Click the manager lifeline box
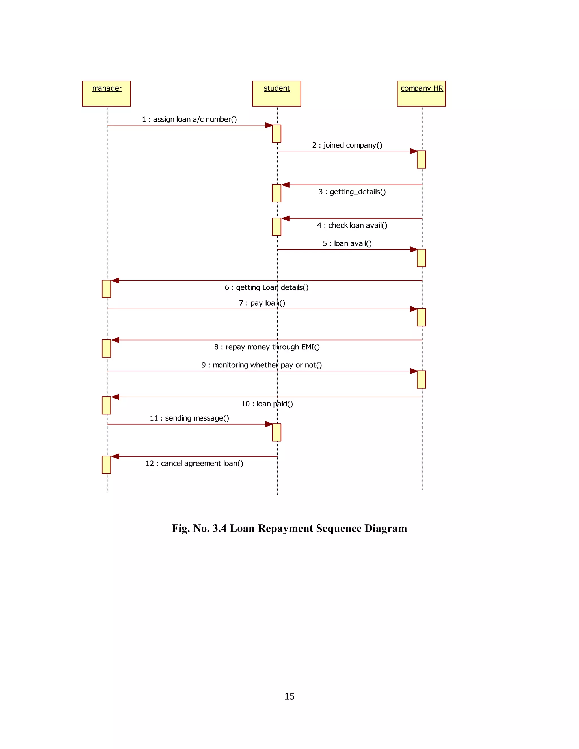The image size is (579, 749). click(x=106, y=93)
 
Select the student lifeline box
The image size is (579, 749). click(x=276, y=93)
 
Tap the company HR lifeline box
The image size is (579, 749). click(x=421, y=93)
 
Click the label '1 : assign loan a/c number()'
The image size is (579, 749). click(x=189, y=119)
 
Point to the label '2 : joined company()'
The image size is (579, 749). click(x=347, y=145)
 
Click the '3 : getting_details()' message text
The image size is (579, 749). click(x=352, y=192)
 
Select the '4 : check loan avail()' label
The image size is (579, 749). click(x=352, y=225)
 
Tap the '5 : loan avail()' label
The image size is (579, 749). click(x=347, y=243)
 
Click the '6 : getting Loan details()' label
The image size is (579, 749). click(x=267, y=287)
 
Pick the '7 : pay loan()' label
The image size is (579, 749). click(x=262, y=303)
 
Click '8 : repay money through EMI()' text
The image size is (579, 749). click(x=267, y=347)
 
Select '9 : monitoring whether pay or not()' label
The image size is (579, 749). click(x=262, y=365)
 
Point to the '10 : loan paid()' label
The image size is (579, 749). click(x=267, y=404)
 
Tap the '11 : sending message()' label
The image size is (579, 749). click(x=189, y=418)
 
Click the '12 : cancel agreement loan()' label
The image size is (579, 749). click(x=194, y=463)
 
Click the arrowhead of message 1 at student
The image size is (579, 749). click(x=269, y=125)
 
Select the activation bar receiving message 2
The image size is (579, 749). click(x=421, y=159)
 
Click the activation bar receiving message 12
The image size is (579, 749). click(x=106, y=465)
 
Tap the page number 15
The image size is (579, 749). click(x=289, y=696)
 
